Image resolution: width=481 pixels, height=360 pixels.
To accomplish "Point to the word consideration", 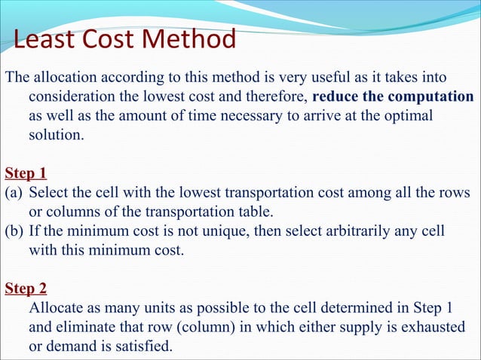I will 74,98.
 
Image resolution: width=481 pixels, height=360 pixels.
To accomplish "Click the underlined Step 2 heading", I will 26,288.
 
